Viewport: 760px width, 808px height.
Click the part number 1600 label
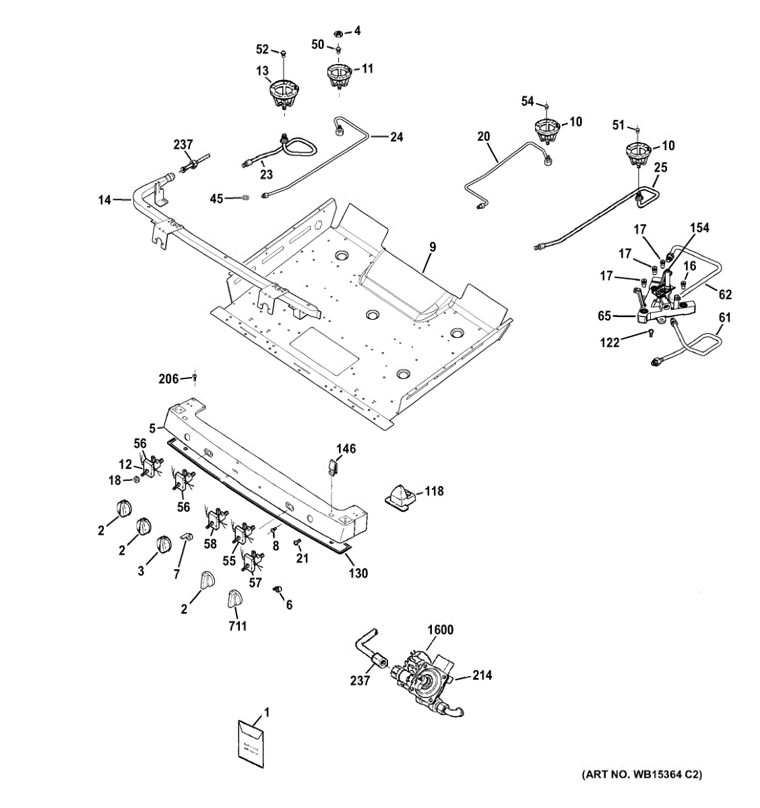coord(440,630)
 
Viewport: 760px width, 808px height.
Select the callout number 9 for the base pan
coord(432,247)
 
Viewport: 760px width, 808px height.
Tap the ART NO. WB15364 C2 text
coord(641,774)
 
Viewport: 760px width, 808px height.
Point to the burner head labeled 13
coord(284,95)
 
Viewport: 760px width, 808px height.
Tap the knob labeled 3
coord(162,544)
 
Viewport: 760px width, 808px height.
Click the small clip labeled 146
coord(333,466)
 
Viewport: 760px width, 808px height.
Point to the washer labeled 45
coord(246,198)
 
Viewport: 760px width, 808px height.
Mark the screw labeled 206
coord(195,377)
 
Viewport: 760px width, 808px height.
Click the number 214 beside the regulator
coord(482,675)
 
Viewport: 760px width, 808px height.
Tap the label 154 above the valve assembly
coord(700,228)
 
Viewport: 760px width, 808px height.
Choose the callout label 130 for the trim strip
coord(358,573)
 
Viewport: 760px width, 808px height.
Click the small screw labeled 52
coord(284,53)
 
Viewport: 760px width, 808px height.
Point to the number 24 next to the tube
coord(396,137)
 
